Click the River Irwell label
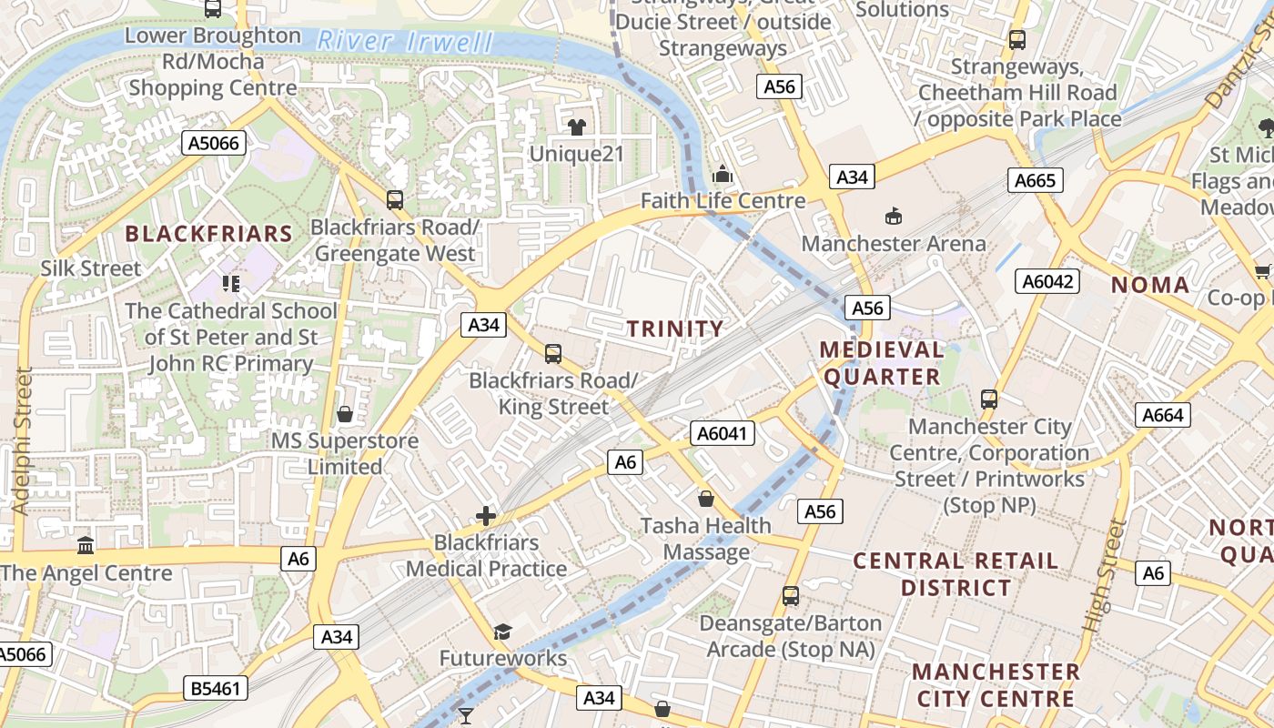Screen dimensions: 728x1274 pos(405,41)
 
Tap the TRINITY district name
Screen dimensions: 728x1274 pos(675,329)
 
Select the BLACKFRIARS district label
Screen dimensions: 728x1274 pos(208,234)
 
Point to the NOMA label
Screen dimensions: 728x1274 pos(1150,285)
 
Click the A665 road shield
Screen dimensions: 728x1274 pos(1036,180)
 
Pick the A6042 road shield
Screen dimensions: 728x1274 pos(1047,281)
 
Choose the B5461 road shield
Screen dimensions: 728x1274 pos(216,688)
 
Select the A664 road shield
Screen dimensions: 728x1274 pos(1163,416)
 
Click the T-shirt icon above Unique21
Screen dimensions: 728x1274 pos(576,126)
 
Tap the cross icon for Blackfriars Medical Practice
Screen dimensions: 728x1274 pos(486,516)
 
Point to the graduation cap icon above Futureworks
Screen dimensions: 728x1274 pos(502,632)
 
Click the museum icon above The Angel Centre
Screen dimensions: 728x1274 pos(86,545)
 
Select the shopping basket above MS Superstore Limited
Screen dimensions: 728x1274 pos(345,414)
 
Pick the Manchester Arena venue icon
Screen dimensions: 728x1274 pos(893,216)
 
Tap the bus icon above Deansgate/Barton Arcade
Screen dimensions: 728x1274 pos(791,596)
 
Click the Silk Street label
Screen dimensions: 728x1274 pos(91,268)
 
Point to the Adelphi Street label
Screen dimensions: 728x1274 pos(23,440)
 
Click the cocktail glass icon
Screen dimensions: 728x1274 pos(466,716)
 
